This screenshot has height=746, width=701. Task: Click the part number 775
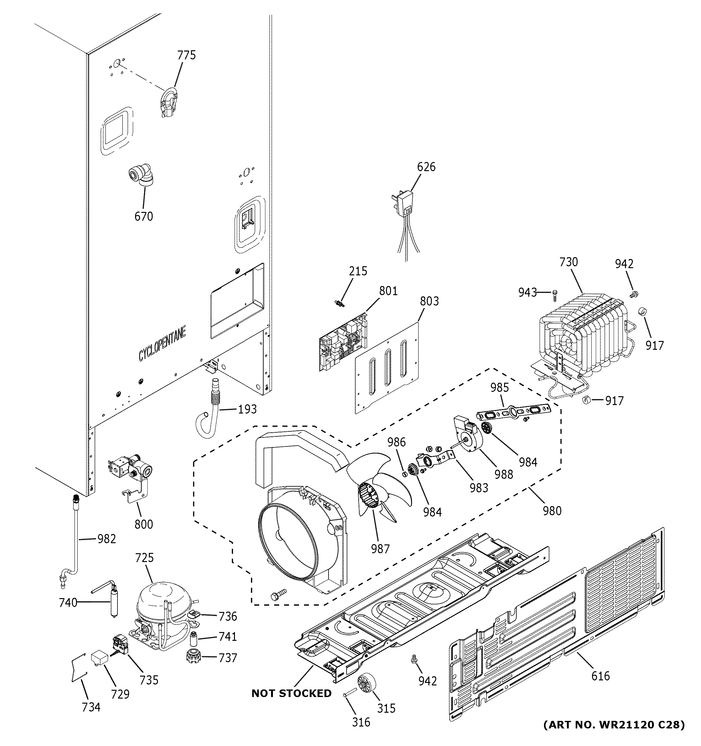click(x=187, y=55)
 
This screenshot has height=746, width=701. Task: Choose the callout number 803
click(x=429, y=301)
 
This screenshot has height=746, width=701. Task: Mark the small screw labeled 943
click(x=555, y=296)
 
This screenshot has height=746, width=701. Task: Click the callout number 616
click(x=600, y=676)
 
